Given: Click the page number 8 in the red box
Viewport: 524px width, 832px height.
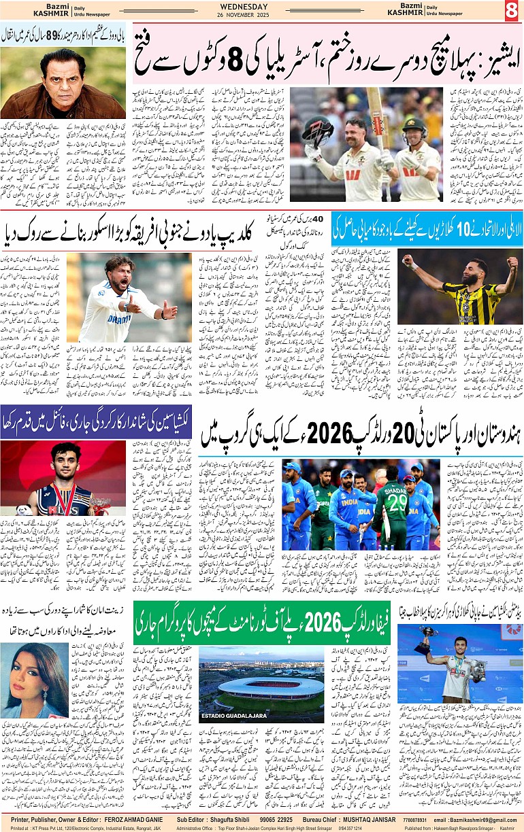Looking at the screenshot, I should [x=511, y=11].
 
